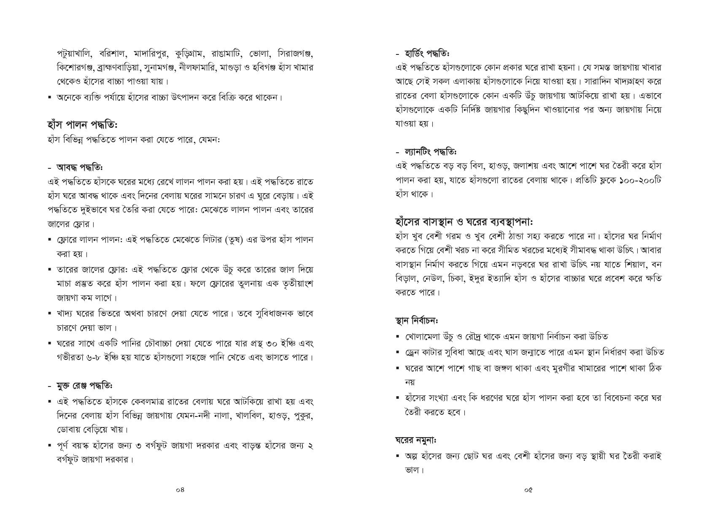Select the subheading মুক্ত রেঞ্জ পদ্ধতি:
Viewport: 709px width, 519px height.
point(84,386)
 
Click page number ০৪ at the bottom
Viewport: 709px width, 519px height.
point(180,490)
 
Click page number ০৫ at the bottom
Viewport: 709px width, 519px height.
point(528,490)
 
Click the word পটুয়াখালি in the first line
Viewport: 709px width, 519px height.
point(75,54)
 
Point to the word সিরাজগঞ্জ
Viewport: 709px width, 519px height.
point(295,54)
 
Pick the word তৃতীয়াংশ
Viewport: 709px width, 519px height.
point(296,283)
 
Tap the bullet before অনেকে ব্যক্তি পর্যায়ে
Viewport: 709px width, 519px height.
point(50,97)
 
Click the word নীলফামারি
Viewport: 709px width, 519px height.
point(197,68)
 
